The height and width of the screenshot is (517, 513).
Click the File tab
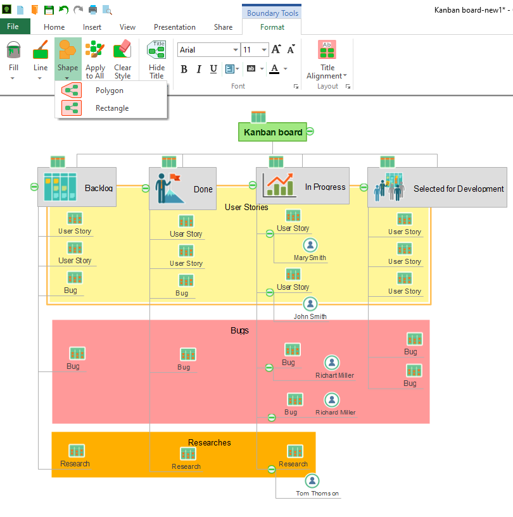click(x=13, y=27)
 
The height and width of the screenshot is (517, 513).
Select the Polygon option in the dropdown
click(x=109, y=90)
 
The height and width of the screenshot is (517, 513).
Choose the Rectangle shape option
click(x=111, y=108)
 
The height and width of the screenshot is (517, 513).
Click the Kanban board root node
click(x=272, y=132)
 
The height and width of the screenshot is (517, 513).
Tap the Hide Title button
click(x=156, y=61)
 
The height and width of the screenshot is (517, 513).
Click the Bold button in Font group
click(x=184, y=69)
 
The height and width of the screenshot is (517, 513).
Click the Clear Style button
click(x=122, y=61)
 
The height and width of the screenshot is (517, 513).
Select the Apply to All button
click(x=95, y=61)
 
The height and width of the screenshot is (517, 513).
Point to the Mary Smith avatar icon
click(x=310, y=245)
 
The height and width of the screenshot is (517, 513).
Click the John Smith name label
click(x=310, y=316)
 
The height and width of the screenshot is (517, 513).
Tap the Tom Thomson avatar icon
click(x=312, y=481)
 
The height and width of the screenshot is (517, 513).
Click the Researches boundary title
click(x=210, y=442)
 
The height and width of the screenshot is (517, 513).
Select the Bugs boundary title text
click(x=239, y=330)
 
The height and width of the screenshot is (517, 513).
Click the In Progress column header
click(x=303, y=186)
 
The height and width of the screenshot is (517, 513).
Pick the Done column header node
click(x=182, y=189)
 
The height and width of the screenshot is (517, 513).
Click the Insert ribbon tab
click(x=92, y=27)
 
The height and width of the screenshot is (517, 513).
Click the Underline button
click(x=213, y=69)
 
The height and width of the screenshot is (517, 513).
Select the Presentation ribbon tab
click(x=175, y=27)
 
